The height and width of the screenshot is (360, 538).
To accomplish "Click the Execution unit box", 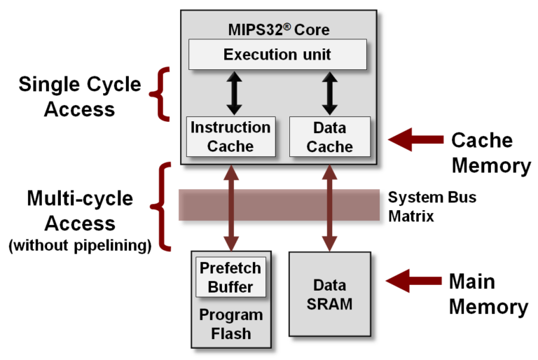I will point(278,55).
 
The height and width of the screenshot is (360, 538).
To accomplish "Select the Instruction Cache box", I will point(230,137).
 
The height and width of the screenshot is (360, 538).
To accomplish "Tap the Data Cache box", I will point(329,137).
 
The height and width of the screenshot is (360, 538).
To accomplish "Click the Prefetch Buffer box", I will point(230,277).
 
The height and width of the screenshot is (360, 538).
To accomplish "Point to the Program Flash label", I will point(230,324).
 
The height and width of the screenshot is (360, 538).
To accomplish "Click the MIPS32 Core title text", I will point(278,30).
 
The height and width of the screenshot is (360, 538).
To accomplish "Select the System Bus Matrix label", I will point(432,207).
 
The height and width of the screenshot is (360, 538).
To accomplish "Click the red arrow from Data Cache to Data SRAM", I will point(329,207).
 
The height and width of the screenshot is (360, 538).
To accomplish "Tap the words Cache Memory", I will point(490,153).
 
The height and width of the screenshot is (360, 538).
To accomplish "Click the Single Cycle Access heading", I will point(78,97).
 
